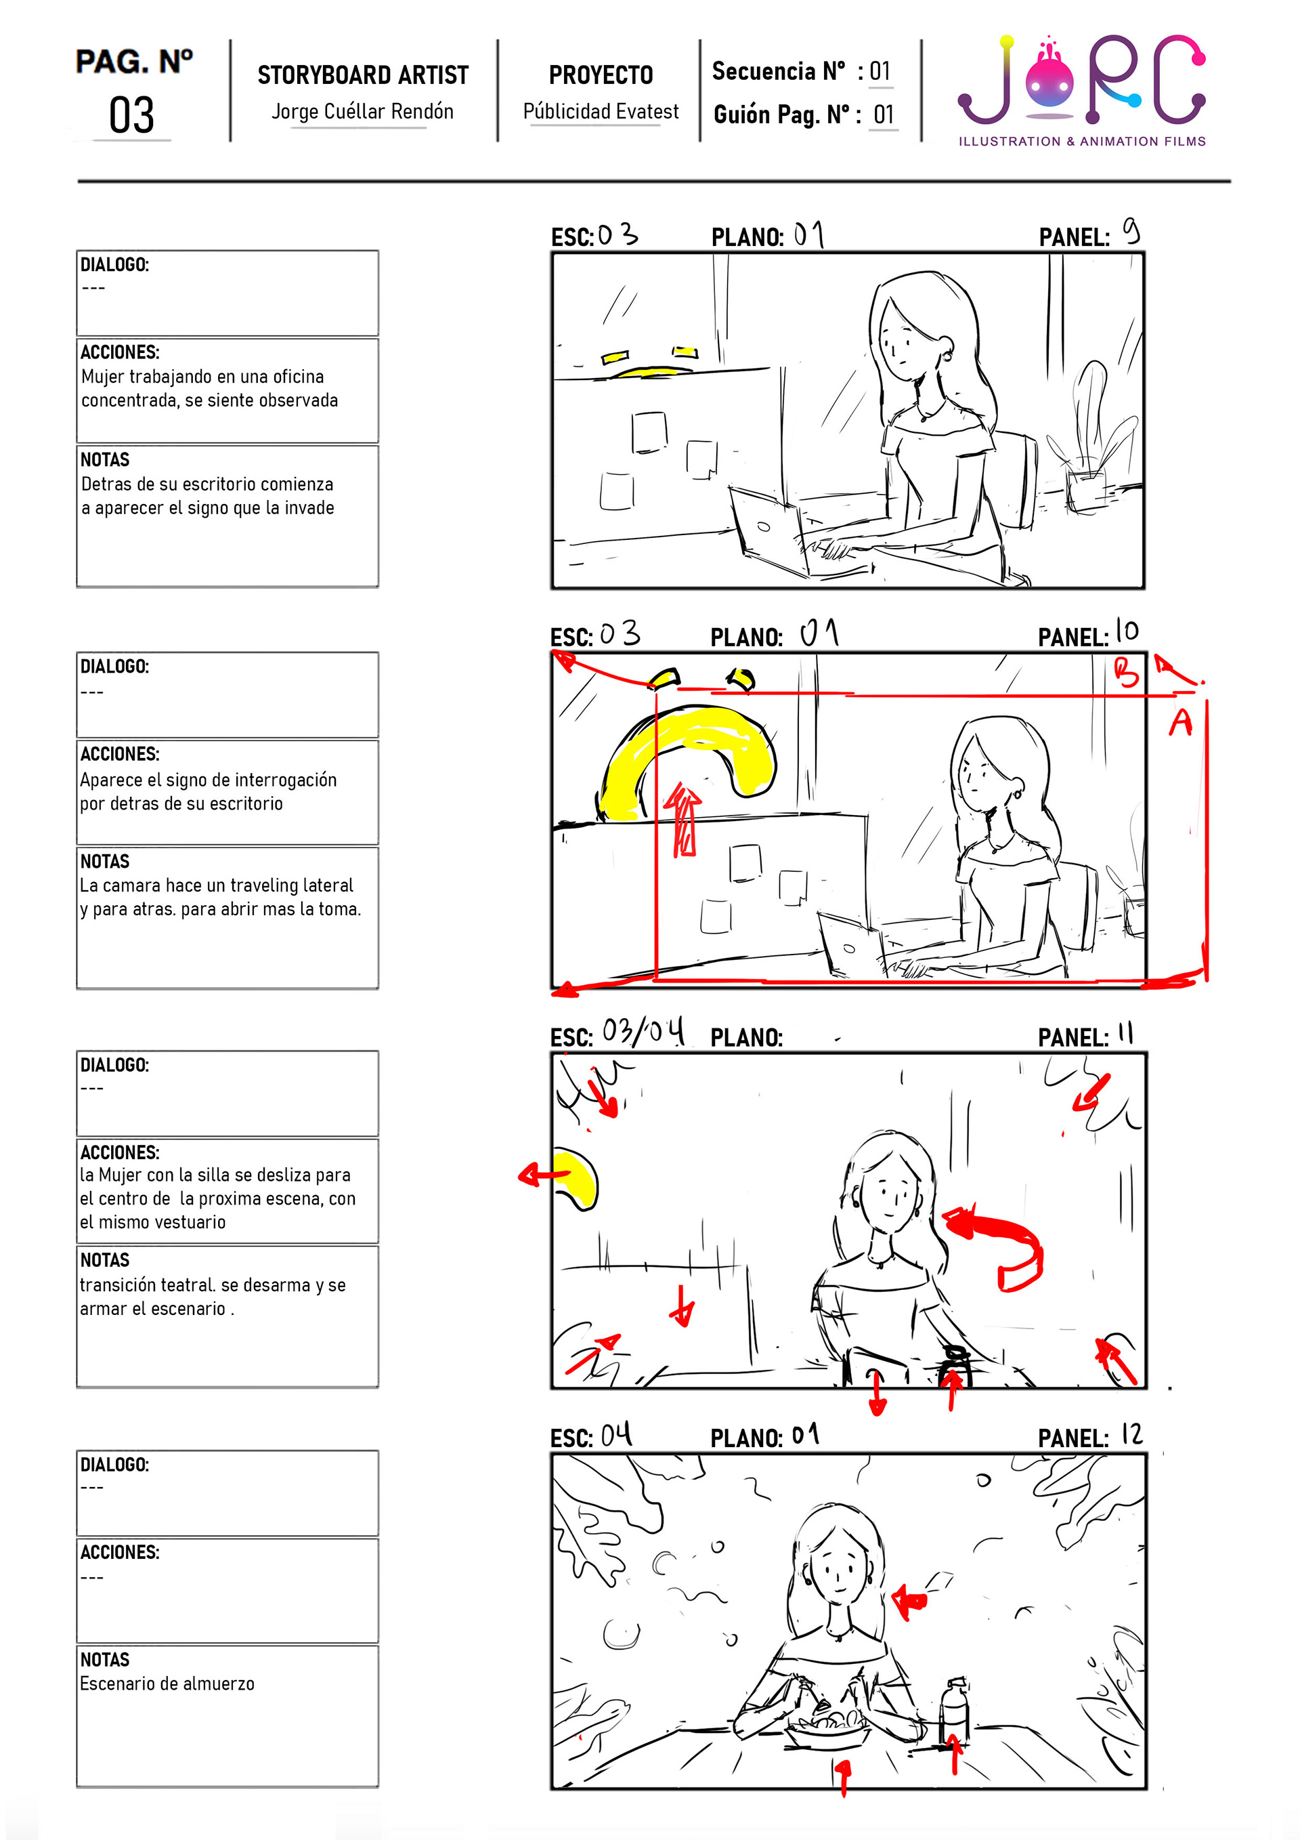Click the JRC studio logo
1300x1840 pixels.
click(x=1081, y=89)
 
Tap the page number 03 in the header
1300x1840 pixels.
click(x=131, y=115)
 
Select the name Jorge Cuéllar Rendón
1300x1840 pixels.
click(x=362, y=111)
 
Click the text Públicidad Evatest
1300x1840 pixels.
click(x=601, y=111)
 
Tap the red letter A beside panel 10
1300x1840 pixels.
click(x=1180, y=722)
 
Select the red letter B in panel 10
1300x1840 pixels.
click(x=1126, y=671)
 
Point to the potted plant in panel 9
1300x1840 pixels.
click(x=1091, y=439)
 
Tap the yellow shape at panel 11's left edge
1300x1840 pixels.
click(x=578, y=1178)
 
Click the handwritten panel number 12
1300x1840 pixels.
click(x=1131, y=1434)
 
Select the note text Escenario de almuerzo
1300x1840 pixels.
click(x=167, y=1684)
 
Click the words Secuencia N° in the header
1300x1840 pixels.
click(x=779, y=71)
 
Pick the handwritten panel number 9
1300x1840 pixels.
click(x=1130, y=231)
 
